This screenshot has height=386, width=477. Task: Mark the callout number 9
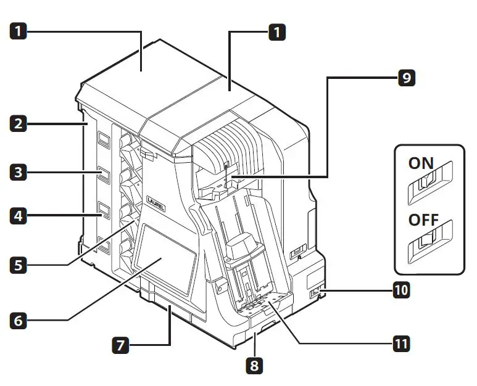(406, 78)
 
